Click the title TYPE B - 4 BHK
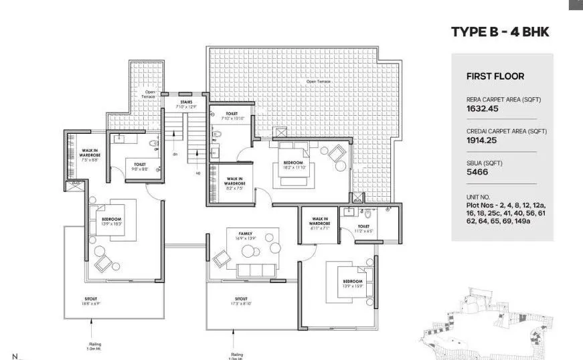click(x=500, y=32)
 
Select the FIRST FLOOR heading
click(x=495, y=76)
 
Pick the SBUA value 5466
click(x=477, y=172)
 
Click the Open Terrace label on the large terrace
click(x=318, y=82)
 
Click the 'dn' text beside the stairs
click(x=175, y=154)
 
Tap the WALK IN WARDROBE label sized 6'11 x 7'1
click(x=319, y=222)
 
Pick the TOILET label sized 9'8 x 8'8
click(x=140, y=165)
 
